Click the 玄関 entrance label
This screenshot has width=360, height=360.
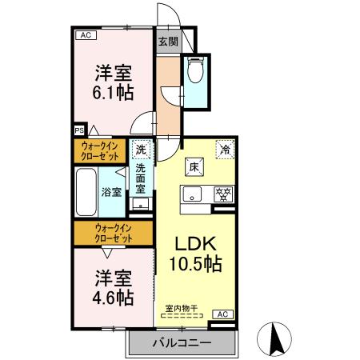[166, 42]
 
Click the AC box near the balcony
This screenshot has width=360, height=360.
[222, 314]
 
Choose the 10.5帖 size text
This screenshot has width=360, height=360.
[194, 263]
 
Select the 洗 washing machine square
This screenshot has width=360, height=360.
[141, 150]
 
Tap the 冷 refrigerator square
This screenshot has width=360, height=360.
[225, 150]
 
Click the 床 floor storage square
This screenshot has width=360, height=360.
[194, 167]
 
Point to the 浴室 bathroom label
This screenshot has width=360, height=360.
[111, 192]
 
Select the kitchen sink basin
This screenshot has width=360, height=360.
[192, 193]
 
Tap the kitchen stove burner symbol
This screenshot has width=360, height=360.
[225, 193]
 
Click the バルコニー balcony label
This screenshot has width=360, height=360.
[182, 342]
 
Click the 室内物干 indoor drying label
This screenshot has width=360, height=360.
[182, 308]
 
